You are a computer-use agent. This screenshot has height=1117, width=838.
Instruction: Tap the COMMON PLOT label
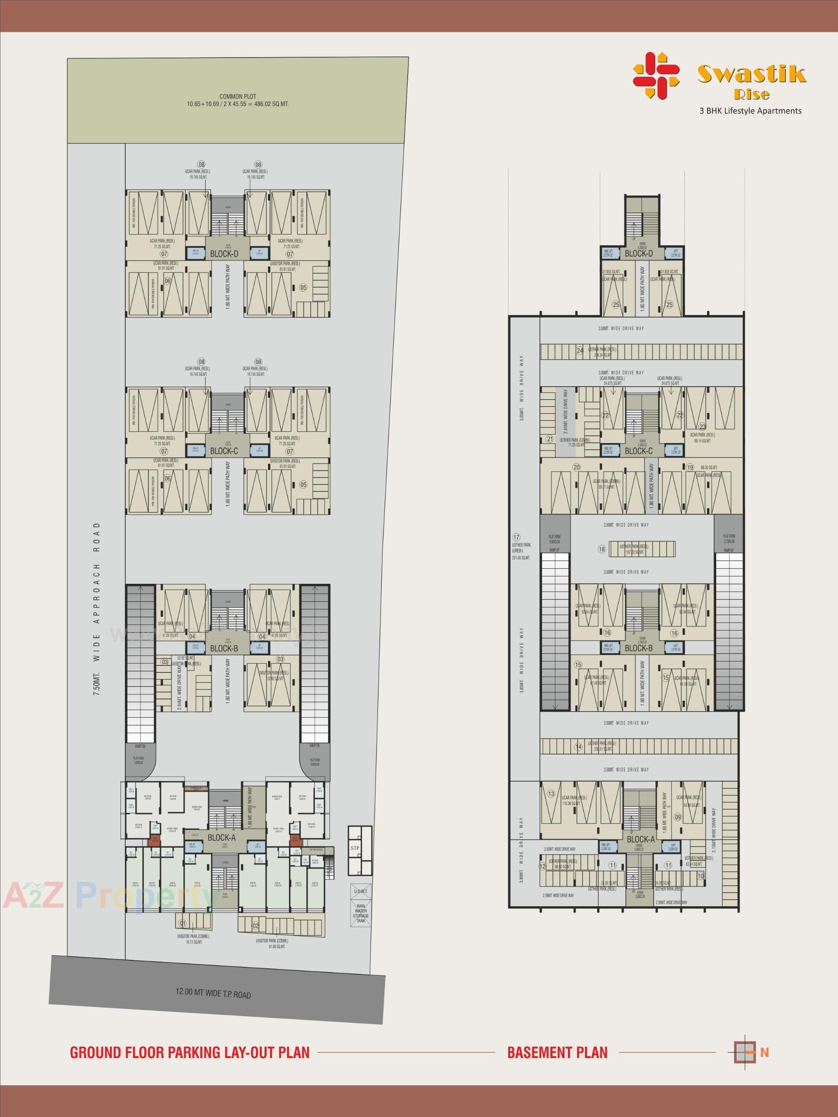point(237,96)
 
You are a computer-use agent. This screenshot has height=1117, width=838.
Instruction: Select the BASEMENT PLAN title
point(557,1049)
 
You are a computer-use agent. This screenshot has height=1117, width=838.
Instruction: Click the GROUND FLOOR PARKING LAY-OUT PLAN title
point(189,1049)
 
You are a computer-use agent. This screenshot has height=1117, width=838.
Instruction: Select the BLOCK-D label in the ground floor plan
point(224,254)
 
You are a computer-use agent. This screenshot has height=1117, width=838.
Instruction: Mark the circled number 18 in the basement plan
point(601,549)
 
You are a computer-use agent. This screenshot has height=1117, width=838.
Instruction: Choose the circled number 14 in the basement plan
point(578,747)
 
